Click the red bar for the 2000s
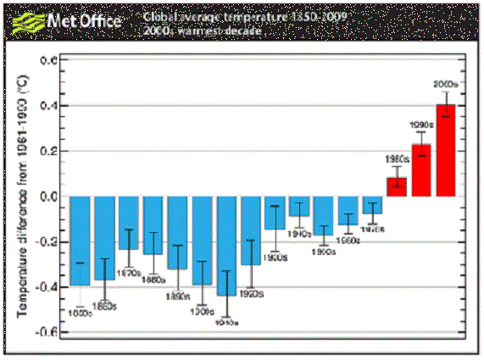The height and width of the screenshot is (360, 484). click(446, 151)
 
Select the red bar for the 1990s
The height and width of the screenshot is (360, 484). click(421, 170)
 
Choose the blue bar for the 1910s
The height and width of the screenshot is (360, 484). click(226, 246)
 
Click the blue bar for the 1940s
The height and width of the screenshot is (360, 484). click(299, 207)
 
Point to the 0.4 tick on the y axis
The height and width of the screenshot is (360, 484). click(48, 106)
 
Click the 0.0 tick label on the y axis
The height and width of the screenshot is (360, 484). click(48, 197)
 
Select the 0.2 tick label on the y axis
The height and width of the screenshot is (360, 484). click(48, 151)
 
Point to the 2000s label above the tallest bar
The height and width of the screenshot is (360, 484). click(446, 86)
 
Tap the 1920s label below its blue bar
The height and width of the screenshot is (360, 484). click(251, 294)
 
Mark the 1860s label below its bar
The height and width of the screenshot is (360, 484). click(104, 305)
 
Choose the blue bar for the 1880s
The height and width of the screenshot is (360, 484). click(153, 225)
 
